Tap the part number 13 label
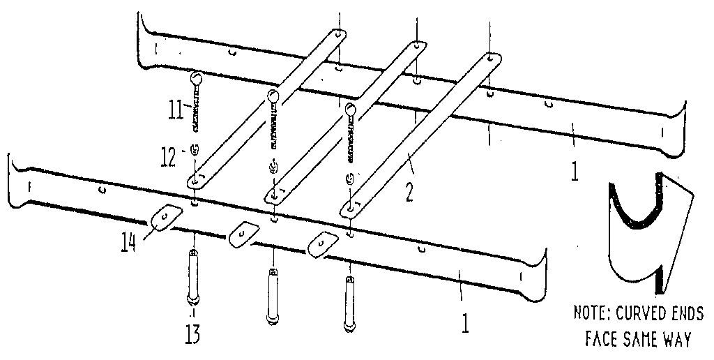tap(192, 336)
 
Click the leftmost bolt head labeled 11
tap(196, 79)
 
